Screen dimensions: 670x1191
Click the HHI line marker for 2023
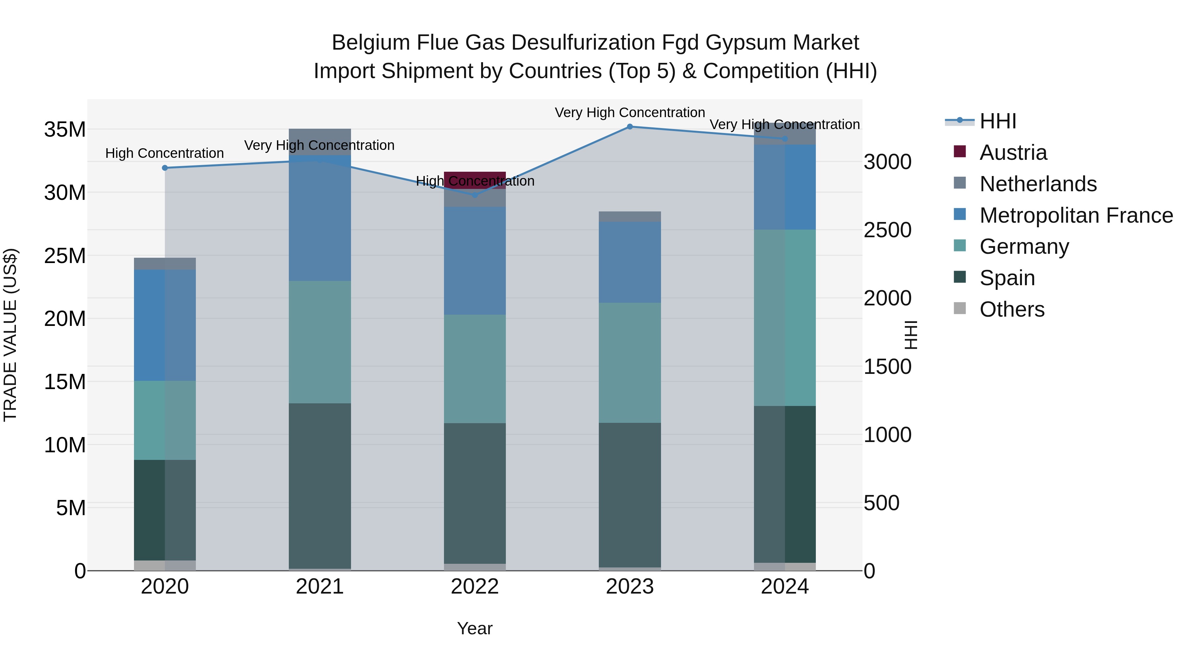629,127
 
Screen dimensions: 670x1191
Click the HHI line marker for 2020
165,168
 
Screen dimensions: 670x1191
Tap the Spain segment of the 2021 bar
320,485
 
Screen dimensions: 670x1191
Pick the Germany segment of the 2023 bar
629,363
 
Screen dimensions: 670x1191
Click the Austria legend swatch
960,152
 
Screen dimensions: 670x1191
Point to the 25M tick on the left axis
65,256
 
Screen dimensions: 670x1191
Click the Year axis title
474,628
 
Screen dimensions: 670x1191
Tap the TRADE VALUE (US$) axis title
10,335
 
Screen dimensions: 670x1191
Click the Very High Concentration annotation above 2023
629,112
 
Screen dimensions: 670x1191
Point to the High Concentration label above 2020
165,153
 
